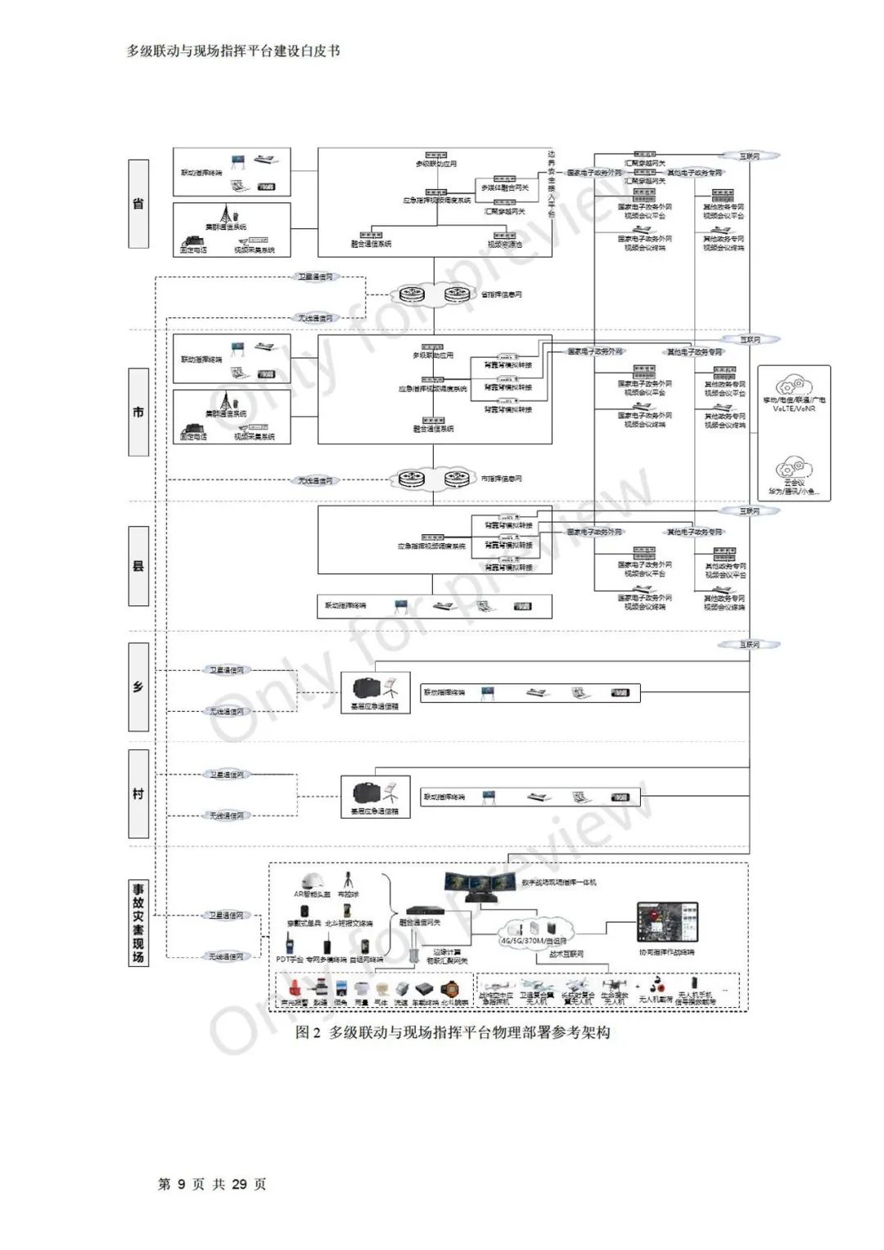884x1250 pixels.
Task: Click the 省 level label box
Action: (x=138, y=204)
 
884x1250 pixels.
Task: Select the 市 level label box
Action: (x=138, y=411)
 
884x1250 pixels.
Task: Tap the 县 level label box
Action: (x=138, y=565)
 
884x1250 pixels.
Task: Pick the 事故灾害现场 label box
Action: (x=138, y=922)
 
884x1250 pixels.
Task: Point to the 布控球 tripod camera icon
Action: (x=349, y=880)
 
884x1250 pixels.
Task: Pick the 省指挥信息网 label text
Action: (x=501, y=295)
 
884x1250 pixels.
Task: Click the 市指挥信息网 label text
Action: (x=501, y=479)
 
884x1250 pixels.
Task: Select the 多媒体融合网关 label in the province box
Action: (x=505, y=188)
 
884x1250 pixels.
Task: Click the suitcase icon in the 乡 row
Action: (x=365, y=687)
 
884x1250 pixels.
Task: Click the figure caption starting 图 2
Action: (x=453, y=1032)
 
